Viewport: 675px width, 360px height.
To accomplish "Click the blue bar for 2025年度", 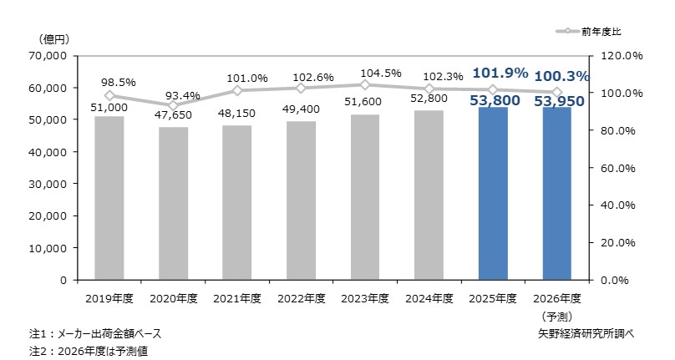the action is (x=493, y=193).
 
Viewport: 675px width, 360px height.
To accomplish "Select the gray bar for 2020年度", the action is (x=173, y=203).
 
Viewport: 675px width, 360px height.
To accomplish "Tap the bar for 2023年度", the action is (x=365, y=197).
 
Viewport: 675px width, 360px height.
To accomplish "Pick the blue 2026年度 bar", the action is (x=556, y=193).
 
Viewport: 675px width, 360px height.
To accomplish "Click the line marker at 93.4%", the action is (x=173, y=105).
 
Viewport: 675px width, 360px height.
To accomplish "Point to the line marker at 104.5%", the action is (x=365, y=85).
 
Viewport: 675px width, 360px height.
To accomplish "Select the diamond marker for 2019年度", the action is (x=109, y=96).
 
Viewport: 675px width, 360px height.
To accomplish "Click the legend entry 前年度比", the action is (x=588, y=32).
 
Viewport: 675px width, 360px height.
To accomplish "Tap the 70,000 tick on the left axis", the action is (x=48, y=56).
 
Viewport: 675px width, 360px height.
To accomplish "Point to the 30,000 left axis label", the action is (x=48, y=184).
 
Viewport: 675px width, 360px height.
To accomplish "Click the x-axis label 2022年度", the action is (x=302, y=298).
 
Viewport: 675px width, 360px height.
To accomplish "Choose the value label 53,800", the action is (x=495, y=100).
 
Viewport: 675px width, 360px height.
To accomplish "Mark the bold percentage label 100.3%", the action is (x=561, y=77).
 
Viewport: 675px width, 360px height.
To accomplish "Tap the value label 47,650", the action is (x=173, y=115).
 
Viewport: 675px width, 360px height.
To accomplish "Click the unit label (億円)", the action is (x=53, y=40).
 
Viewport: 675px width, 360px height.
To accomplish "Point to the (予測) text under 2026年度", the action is (x=557, y=317).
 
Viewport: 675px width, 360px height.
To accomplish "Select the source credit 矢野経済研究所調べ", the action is (x=586, y=334).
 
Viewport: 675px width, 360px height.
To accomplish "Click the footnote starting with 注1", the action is (x=95, y=334).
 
